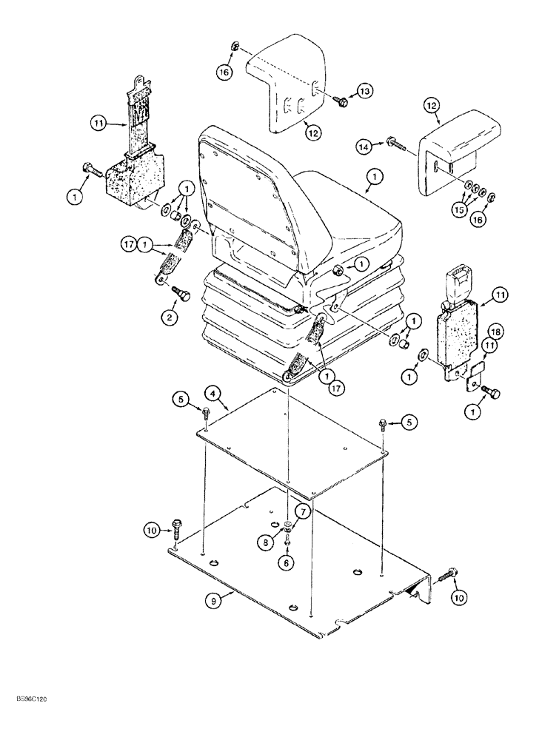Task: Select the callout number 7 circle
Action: pos(303,510)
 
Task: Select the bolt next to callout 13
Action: pos(341,98)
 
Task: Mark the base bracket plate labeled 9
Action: pos(296,577)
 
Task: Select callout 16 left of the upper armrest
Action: pos(224,72)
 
